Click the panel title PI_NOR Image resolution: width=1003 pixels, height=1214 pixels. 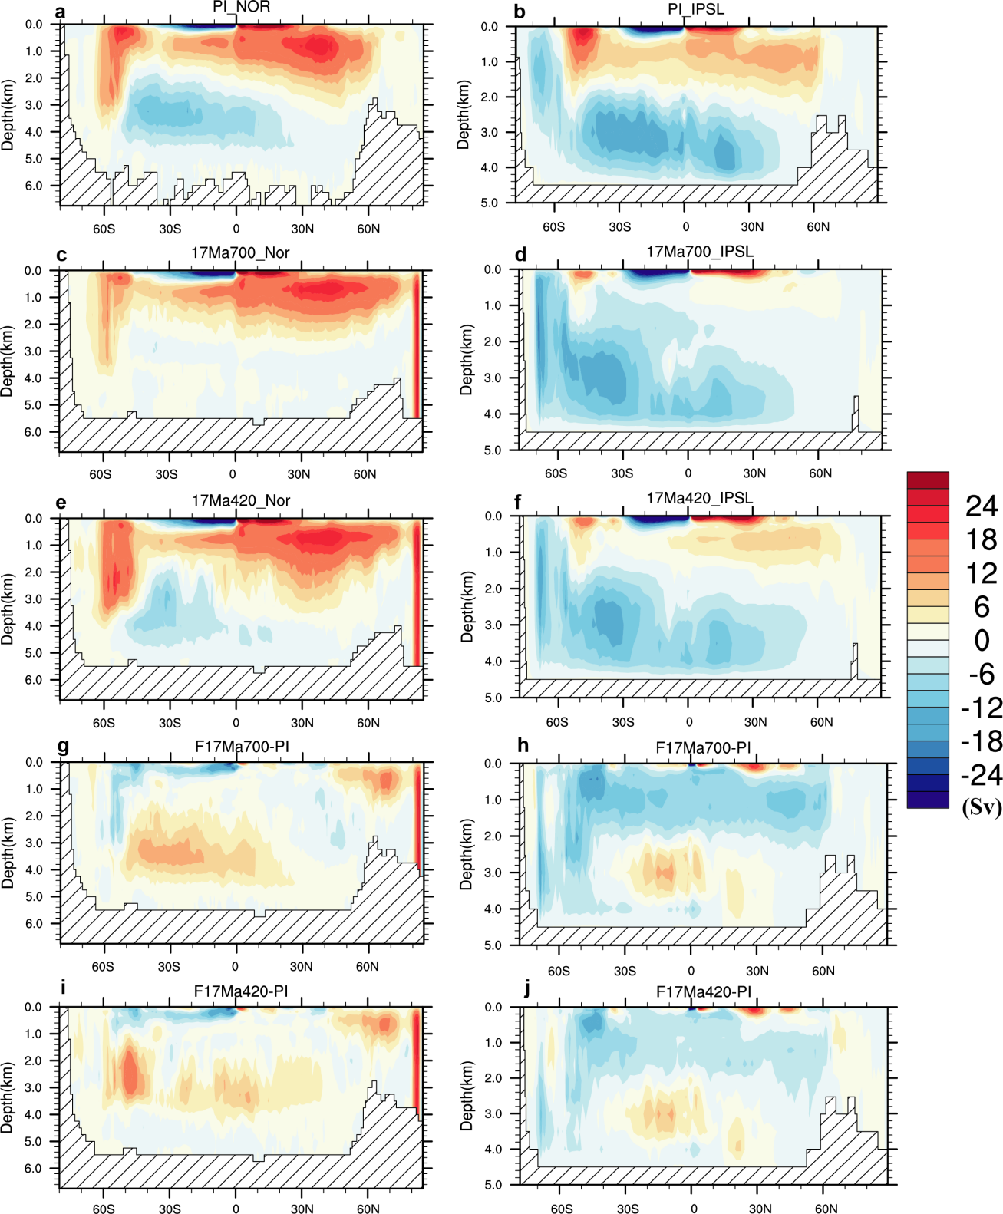[241, 7]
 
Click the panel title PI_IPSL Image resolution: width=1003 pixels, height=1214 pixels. [695, 9]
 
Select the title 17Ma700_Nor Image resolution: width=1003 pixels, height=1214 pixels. [240, 252]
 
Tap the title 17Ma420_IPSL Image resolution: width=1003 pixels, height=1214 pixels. [699, 498]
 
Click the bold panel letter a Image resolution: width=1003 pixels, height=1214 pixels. [61, 12]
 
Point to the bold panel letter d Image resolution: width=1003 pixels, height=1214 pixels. [520, 254]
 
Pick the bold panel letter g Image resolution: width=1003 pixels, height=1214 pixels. [63, 746]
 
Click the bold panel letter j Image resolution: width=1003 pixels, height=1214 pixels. [526, 988]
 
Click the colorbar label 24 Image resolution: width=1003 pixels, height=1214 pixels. [981, 506]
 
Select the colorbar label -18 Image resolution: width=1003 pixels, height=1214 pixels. [981, 741]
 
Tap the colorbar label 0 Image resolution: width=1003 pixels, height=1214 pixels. [982, 640]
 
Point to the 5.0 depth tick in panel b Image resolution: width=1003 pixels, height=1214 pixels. [489, 203]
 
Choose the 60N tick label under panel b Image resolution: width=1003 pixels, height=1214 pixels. [818, 226]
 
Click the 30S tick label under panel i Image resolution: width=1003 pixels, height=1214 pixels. [170, 1209]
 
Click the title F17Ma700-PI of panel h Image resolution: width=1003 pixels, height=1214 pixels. [703, 747]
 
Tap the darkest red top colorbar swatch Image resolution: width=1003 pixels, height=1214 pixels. [928, 480]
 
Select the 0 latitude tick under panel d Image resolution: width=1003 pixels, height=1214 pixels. [688, 473]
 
